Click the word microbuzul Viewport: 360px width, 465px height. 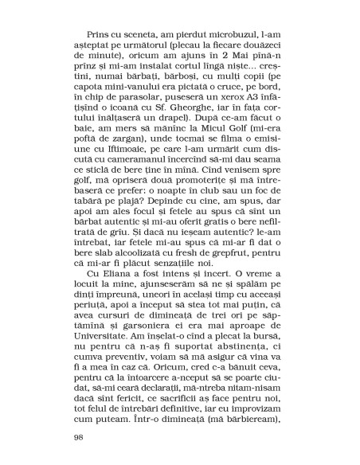[x=218, y=59]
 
